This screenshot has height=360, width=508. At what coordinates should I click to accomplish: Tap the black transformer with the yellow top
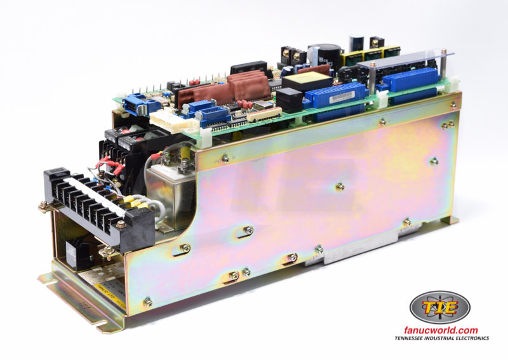pyautogui.click(x=305, y=81)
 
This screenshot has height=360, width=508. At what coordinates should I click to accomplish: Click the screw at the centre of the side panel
pyautogui.click(x=340, y=187)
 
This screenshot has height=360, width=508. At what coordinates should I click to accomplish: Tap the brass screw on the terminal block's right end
pyautogui.click(x=120, y=224)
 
